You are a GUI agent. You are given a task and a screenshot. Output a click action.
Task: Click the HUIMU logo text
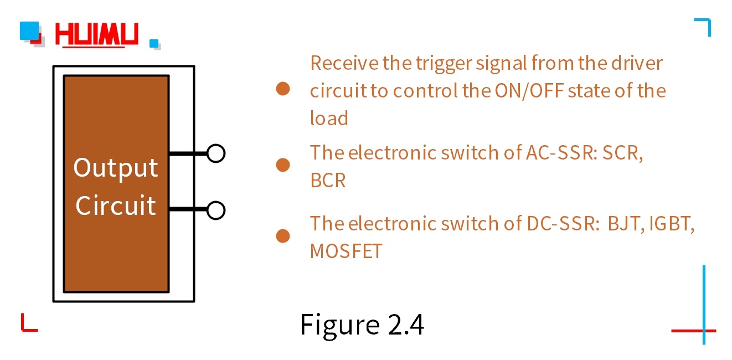(97, 35)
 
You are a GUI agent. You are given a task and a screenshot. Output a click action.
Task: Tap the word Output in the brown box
(116, 168)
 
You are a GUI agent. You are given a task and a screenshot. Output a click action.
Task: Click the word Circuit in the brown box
(116, 205)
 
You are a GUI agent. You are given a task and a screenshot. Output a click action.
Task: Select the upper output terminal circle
(216, 153)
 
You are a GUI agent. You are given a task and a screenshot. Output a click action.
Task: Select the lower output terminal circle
(216, 210)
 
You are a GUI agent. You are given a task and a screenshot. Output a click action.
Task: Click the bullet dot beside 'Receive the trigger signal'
(283, 89)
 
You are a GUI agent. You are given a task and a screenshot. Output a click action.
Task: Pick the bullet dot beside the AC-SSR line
(283, 164)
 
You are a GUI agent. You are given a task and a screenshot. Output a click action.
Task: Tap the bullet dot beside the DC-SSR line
(283, 236)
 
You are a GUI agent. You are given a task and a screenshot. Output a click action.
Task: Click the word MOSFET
(346, 251)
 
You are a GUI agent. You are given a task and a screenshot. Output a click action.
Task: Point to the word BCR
(328, 181)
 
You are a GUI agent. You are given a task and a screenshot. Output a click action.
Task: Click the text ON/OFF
(529, 90)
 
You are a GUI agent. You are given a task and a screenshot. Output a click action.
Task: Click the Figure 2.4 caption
(362, 325)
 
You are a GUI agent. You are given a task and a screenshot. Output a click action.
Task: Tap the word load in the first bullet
(329, 118)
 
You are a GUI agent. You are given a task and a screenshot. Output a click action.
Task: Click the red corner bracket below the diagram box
(28, 324)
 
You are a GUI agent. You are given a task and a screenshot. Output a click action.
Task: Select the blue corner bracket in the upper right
(704, 25)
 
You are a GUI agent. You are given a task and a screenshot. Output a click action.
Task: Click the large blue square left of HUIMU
(29, 30)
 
